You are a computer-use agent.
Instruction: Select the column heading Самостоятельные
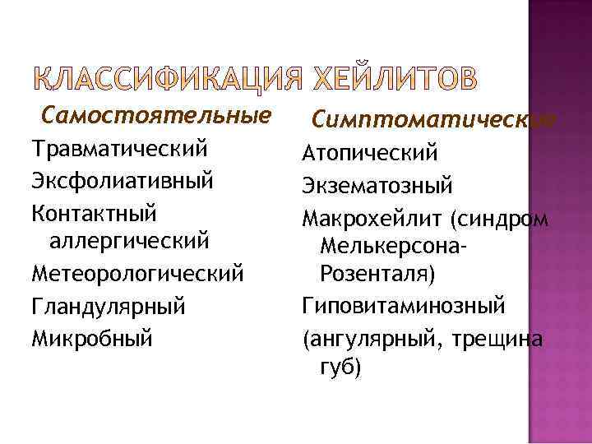coord(157,115)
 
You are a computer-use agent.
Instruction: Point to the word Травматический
coord(118,150)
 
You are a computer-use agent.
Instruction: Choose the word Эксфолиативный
coord(123,181)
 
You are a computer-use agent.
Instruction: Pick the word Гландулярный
coord(107,307)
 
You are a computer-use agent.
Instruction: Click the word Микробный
coord(91,336)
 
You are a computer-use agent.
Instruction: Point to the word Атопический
coord(370,154)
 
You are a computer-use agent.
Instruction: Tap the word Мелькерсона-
coord(394,246)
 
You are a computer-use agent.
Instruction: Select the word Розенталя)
coord(377,275)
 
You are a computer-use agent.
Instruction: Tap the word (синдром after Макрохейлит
coord(501,218)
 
